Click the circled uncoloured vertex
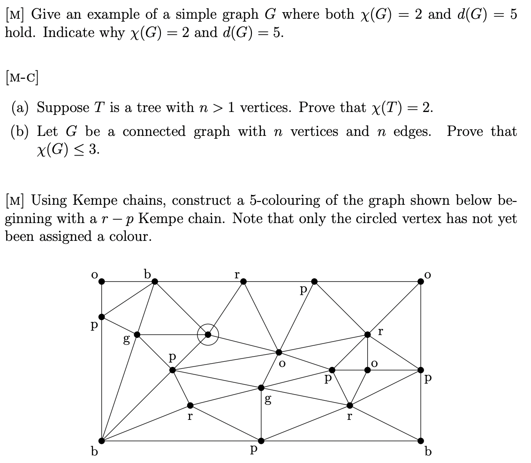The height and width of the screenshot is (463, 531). tap(208, 335)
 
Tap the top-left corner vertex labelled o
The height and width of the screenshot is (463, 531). tap(102, 282)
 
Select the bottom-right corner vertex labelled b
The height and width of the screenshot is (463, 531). tap(421, 441)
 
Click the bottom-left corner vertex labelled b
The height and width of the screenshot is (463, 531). tap(102, 441)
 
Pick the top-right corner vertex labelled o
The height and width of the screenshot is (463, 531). tap(421, 282)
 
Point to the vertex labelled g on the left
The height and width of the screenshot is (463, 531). tap(137, 335)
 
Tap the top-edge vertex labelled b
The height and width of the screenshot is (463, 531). tap(155, 282)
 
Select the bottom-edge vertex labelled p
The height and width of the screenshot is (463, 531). tap(261, 441)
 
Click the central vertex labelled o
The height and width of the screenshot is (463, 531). tap(279, 352)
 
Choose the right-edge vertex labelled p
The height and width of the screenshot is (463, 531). tap(421, 370)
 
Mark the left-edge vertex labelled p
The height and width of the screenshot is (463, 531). tap(102, 317)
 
